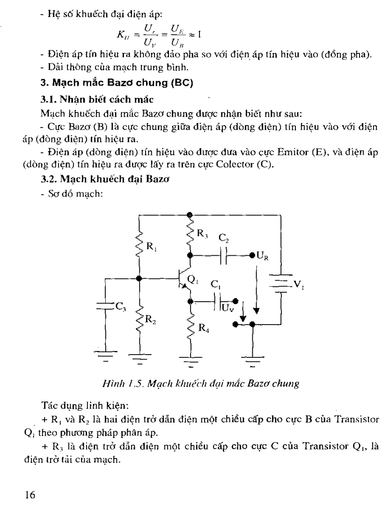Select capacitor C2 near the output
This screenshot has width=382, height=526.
pyautogui.click(x=224, y=256)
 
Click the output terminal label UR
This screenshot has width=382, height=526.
pyautogui.click(x=263, y=256)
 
